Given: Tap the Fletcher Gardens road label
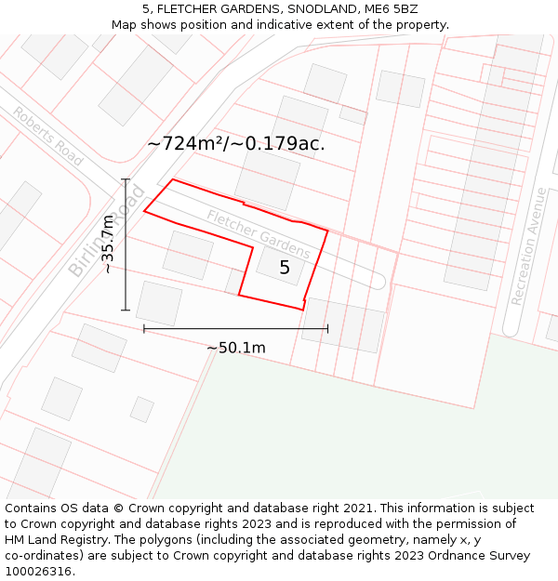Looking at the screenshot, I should coord(259,234).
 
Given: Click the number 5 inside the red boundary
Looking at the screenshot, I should coord(285,268).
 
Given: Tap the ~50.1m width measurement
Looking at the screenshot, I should coord(236,348).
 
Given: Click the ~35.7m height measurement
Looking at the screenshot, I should coord(108,244).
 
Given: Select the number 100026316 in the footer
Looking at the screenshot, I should coord(39,572).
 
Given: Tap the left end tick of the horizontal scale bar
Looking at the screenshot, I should coord(144,328).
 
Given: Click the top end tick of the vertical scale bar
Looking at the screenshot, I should coord(126,179).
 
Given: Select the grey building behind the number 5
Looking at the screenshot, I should coord(279,264).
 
